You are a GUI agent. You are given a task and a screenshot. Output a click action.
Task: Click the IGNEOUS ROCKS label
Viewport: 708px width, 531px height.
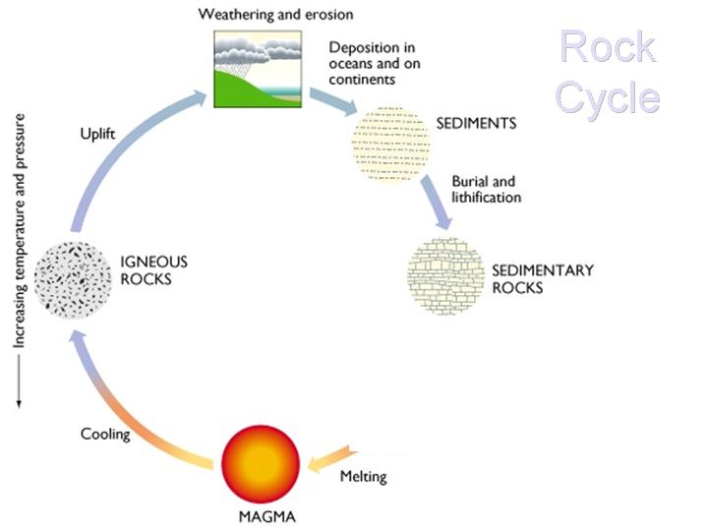click(x=152, y=270)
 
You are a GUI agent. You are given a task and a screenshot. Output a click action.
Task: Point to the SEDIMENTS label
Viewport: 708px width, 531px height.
click(x=475, y=125)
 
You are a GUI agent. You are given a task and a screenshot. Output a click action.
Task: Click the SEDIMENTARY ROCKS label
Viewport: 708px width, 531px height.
click(x=542, y=277)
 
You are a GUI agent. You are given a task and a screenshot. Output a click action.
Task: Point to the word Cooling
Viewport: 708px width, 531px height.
click(x=106, y=433)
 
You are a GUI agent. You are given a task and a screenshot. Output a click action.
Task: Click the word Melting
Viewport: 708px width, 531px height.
click(x=363, y=477)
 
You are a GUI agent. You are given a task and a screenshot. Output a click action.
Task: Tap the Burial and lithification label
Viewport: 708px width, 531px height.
click(x=486, y=189)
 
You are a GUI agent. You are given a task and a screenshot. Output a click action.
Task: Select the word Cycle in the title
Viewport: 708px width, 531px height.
click(x=608, y=97)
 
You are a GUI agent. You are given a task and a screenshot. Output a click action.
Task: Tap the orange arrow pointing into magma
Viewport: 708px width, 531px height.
click(x=332, y=457)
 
